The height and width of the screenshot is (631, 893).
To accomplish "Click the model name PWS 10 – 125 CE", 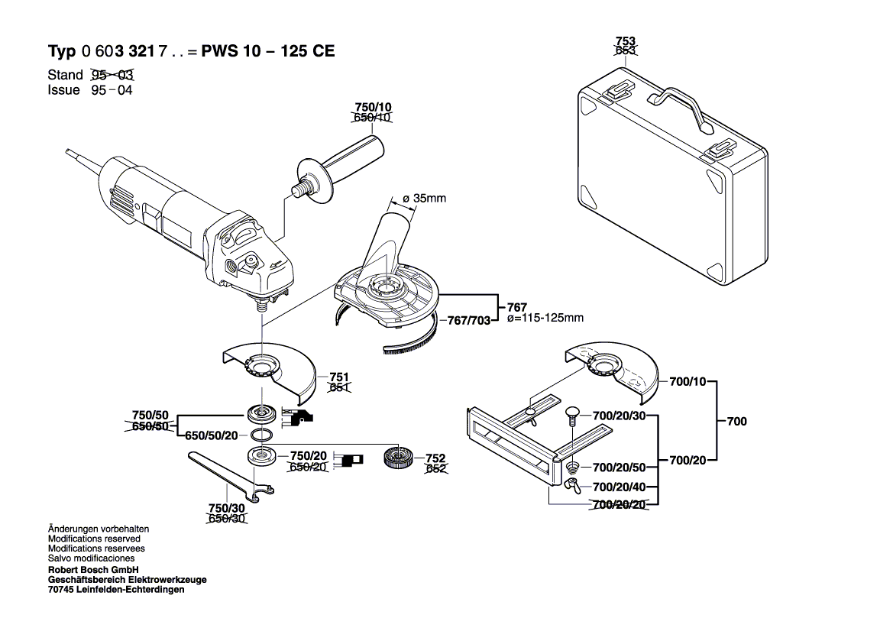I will tap(268, 52).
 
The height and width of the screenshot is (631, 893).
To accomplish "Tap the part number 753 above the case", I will tap(626, 41).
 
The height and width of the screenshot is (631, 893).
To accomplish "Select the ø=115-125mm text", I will tap(545, 318).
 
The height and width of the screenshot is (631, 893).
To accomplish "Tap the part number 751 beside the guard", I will tap(339, 377).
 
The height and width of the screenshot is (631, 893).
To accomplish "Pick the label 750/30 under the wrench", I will tap(227, 508).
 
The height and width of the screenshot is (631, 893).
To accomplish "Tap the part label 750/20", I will tap(309, 455).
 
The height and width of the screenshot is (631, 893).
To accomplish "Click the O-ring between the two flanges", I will tap(261, 435).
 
